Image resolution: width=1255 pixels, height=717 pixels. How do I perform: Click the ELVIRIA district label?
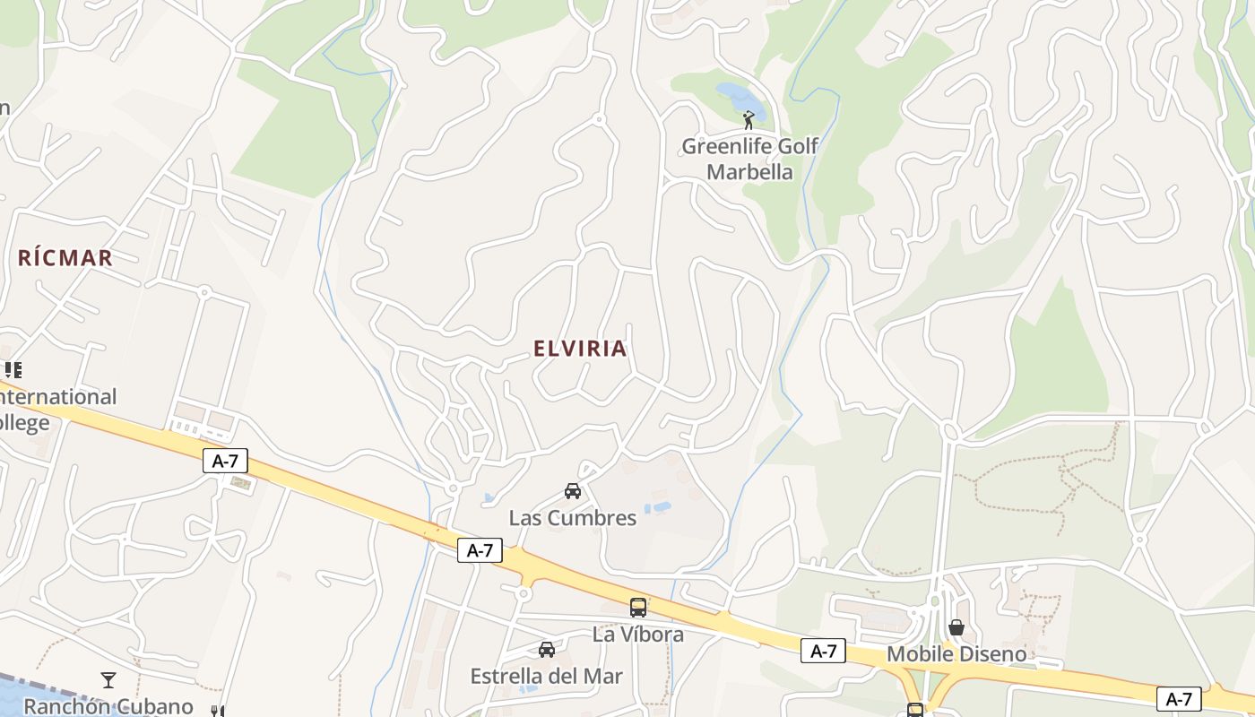pos(580,349)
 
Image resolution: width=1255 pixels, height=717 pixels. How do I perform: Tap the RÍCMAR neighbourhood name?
pos(65,258)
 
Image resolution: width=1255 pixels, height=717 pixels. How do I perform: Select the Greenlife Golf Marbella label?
pos(750,159)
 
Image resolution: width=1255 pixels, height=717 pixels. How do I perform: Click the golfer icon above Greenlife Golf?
pos(749,119)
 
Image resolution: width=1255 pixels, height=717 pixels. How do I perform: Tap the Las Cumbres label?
pos(573,518)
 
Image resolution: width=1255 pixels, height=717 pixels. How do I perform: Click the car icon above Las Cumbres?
pos(573,490)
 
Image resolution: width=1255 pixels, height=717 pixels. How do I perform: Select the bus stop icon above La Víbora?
pos(638,608)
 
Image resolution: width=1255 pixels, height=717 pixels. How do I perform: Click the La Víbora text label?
pos(638,635)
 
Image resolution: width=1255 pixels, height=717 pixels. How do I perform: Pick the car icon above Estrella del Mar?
pos(547,649)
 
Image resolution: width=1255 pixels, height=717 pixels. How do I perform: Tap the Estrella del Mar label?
pos(547,676)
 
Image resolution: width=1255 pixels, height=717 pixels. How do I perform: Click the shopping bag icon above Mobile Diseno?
pos(956,627)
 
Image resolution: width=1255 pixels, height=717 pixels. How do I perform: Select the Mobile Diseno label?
pos(956,654)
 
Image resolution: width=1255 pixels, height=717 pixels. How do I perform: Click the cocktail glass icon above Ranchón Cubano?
pos(108,680)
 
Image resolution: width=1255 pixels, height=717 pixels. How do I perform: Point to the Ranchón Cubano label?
pos(108,706)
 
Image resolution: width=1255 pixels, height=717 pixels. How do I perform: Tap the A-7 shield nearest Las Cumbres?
pos(480,550)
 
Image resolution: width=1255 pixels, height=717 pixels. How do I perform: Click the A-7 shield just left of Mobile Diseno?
pos(823,652)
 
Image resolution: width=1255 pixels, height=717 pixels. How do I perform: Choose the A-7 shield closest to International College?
pos(225,462)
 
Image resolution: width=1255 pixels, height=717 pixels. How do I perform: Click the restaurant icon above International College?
pos(13,369)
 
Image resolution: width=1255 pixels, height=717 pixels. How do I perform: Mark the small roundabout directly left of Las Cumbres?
pos(454,488)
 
